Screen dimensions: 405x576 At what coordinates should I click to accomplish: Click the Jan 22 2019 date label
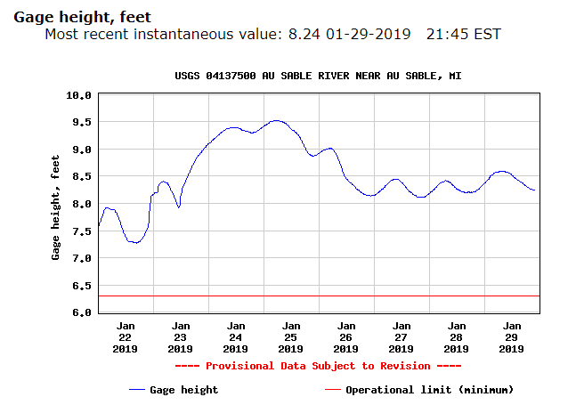tap(126, 337)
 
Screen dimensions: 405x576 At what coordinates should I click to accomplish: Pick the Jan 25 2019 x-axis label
tap(291, 337)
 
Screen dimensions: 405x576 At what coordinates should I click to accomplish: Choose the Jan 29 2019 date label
tap(511, 337)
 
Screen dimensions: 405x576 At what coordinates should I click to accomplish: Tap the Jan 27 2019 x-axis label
tap(402, 337)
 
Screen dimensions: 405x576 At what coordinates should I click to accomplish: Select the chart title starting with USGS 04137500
tap(318, 77)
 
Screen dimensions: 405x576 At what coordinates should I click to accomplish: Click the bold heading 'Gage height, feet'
tap(82, 16)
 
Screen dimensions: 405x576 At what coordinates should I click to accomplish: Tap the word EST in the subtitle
tap(487, 35)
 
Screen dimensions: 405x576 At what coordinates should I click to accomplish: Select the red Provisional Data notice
tap(318, 366)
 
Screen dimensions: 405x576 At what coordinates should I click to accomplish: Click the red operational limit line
tap(318, 296)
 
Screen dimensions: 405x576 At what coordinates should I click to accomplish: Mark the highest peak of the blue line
tap(276, 120)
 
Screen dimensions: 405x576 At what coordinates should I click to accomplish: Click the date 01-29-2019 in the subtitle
tap(369, 35)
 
